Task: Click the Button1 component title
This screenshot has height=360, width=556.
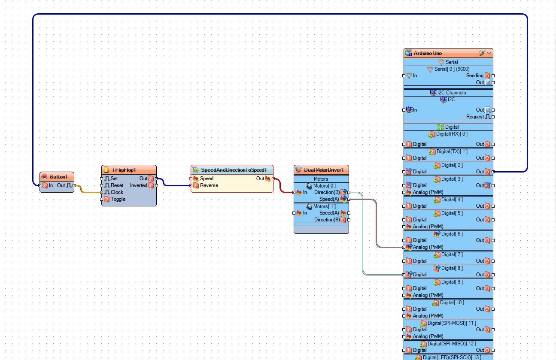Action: pos(58,177)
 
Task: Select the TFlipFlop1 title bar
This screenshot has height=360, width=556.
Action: pos(129,170)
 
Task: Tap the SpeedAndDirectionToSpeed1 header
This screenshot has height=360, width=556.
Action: pos(232,170)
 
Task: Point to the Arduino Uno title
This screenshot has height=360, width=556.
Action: pos(428,53)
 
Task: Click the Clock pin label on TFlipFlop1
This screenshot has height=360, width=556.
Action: pos(117,192)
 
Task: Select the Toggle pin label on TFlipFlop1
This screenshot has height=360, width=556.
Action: pos(118,199)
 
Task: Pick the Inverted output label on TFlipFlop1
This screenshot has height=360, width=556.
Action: pos(139,185)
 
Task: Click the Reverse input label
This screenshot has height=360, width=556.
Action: pos(209,185)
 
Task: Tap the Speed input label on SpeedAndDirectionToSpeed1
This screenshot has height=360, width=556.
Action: pos(207,178)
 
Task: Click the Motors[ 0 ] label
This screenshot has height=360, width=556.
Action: pos(325,186)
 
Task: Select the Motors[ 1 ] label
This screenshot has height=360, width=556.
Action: pos(325,206)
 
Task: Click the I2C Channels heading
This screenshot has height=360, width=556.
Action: pos(452,93)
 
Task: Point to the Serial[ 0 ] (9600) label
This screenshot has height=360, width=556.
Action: pos(452,69)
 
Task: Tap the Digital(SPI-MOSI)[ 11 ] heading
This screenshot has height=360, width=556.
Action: pos(452,323)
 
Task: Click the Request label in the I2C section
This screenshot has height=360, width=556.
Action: pos(475,117)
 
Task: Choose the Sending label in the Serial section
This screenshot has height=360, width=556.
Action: pos(474,76)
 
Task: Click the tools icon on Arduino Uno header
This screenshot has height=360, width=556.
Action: pos(482,53)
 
